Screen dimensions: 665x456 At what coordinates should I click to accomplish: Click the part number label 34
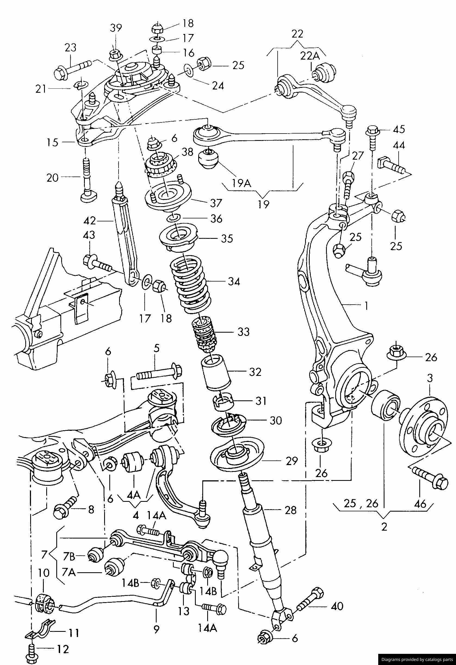click(234, 282)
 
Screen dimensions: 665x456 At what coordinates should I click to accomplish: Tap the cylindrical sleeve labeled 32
click(216, 373)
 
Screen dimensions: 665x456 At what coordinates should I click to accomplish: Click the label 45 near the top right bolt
click(399, 129)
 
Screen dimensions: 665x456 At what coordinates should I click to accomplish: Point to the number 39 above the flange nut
click(116, 28)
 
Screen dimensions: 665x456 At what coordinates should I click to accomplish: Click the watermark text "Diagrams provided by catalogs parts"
click(417, 659)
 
